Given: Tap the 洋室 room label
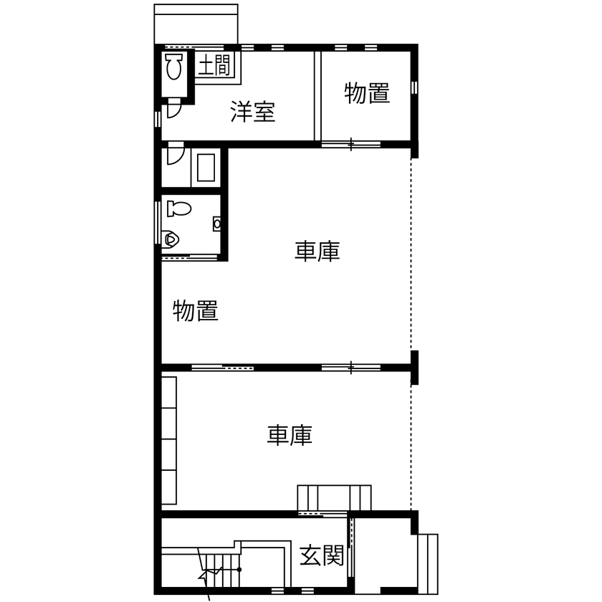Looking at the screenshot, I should [x=252, y=112].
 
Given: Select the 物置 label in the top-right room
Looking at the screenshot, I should [x=367, y=94].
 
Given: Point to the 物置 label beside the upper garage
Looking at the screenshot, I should [x=195, y=311].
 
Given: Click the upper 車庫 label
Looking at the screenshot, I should [x=317, y=251].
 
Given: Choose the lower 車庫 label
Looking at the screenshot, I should [x=290, y=435].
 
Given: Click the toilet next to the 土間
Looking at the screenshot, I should [x=173, y=68].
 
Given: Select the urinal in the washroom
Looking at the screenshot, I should [x=171, y=237].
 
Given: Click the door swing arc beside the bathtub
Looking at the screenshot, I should [x=175, y=156].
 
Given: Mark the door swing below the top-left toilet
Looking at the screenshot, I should [x=173, y=110].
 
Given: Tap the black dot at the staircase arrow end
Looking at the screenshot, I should [x=239, y=569].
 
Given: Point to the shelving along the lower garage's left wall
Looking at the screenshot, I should [x=169, y=440].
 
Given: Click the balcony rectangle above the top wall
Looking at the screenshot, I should [x=196, y=24].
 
